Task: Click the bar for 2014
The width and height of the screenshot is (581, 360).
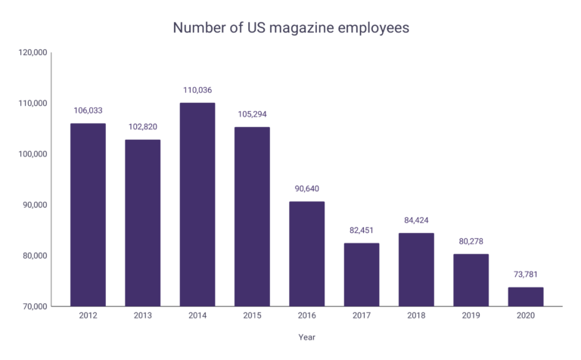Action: click(x=197, y=204)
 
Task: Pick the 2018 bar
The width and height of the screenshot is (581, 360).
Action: click(x=416, y=269)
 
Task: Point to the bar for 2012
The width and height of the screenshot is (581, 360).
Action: click(x=88, y=215)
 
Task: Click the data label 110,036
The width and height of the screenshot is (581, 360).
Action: click(x=197, y=90)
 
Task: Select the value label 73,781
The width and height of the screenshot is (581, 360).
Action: click(x=525, y=275)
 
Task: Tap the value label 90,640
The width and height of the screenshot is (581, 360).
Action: click(x=306, y=189)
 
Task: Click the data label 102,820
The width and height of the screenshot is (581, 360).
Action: click(x=143, y=127)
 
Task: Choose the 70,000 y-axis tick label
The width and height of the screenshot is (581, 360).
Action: click(x=36, y=306)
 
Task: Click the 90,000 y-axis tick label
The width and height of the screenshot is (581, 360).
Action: click(x=36, y=205)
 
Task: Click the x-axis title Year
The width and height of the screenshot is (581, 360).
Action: click(x=306, y=338)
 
